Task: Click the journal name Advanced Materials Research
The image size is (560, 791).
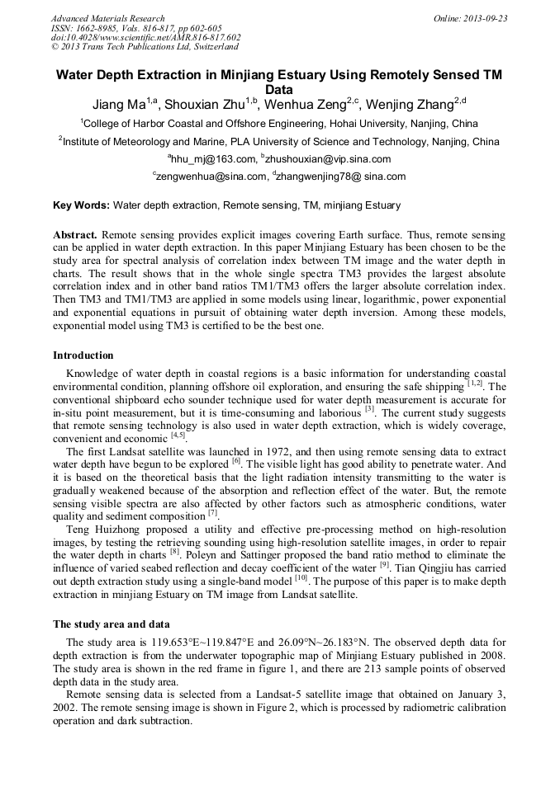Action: click(107, 18)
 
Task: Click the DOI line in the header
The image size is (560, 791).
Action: click(145, 37)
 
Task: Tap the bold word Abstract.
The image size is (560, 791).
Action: click(75, 235)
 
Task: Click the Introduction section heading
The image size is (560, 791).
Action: click(83, 355)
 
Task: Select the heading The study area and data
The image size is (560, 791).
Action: click(111, 624)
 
